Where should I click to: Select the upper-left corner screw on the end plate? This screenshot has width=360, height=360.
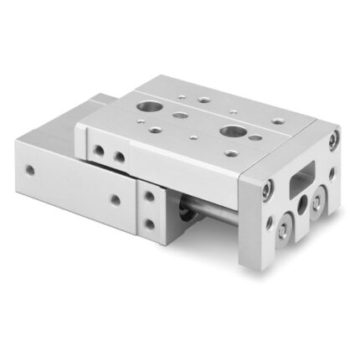(266, 190)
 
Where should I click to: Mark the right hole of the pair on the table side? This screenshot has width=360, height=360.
(120, 157)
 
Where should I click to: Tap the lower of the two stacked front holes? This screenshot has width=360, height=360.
(150, 224)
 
